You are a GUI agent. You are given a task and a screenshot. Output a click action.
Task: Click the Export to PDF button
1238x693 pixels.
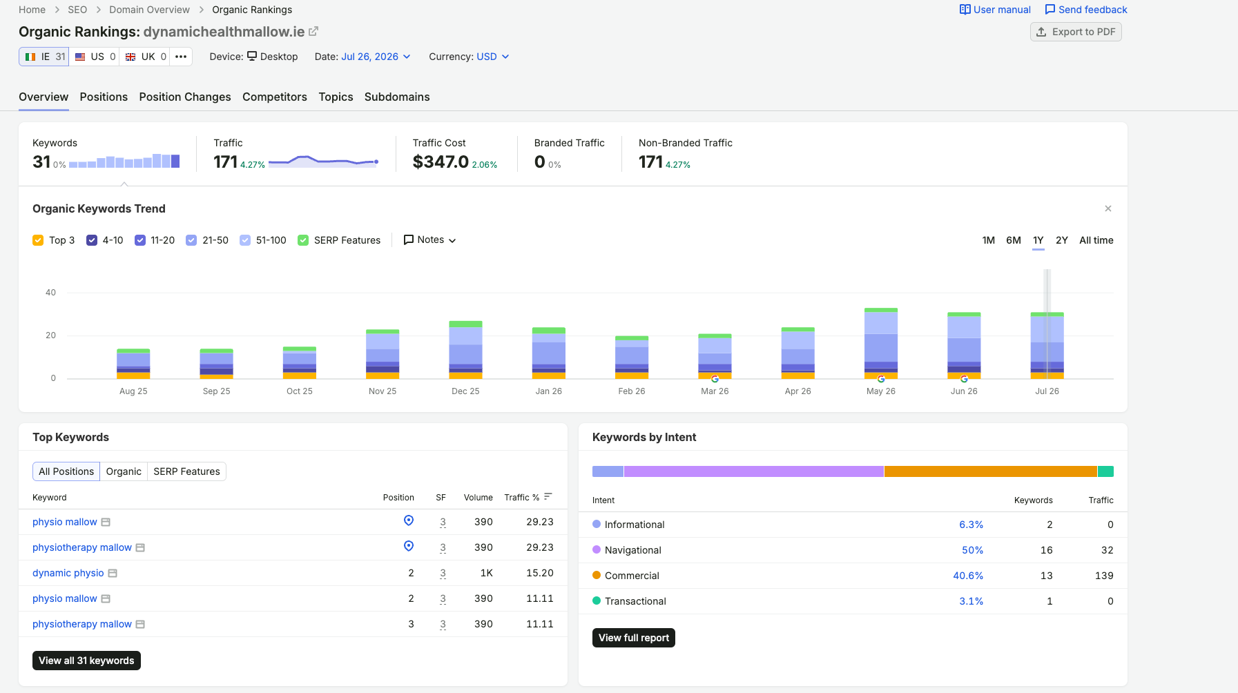(x=1076, y=32)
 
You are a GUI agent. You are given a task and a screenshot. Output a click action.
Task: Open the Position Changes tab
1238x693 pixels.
(x=185, y=97)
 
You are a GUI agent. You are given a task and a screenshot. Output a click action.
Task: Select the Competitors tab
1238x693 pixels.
(x=275, y=97)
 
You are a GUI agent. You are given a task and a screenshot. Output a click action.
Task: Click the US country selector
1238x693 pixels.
(x=95, y=57)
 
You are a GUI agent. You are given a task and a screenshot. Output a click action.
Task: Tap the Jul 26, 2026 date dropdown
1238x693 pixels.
(x=376, y=57)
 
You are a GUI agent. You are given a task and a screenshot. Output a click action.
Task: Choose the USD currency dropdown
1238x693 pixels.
(x=493, y=57)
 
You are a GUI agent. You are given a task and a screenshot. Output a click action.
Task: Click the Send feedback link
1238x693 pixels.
(x=1086, y=10)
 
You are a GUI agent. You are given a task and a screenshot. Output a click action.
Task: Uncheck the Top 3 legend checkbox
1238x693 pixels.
(x=38, y=240)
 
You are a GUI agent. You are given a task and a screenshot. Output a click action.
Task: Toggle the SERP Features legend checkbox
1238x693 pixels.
(x=303, y=240)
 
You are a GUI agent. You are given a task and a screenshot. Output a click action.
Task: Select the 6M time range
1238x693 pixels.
(x=1014, y=240)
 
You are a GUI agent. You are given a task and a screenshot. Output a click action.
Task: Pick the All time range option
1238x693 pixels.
(x=1096, y=240)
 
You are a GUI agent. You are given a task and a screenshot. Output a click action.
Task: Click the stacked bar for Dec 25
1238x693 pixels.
(x=465, y=350)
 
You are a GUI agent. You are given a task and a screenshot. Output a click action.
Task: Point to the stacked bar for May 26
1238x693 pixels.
(x=881, y=344)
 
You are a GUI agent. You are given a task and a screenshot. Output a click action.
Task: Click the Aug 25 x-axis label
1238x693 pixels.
(x=133, y=391)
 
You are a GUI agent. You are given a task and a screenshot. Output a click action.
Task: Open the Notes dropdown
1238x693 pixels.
(x=429, y=240)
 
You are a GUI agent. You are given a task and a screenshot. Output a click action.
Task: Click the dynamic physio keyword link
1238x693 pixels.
(x=68, y=573)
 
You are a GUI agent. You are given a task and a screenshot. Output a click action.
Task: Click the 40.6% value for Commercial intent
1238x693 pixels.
(x=968, y=576)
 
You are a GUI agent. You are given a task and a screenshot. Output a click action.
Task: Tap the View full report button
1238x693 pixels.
(x=634, y=638)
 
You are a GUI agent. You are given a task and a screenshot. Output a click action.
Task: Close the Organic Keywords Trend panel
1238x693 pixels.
(x=1108, y=208)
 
